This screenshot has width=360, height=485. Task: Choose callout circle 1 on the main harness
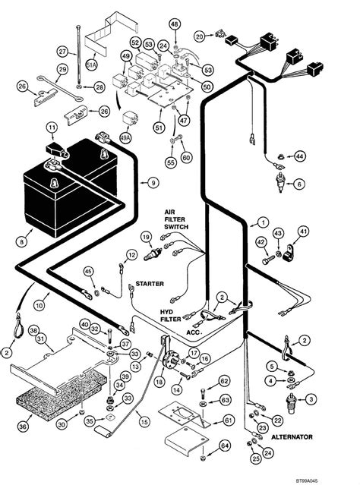pos(263,222)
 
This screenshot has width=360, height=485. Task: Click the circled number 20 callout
pos(200,36)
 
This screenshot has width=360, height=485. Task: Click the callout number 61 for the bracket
pos(229,420)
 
